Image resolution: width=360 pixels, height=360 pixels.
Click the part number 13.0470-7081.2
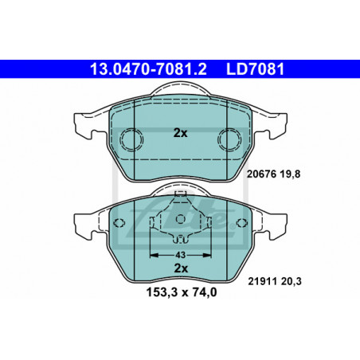click(148, 69)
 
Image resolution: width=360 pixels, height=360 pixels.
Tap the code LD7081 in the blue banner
click(255, 69)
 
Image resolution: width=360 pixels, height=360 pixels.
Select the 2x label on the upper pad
click(180, 133)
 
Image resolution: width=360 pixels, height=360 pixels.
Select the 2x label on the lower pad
click(181, 268)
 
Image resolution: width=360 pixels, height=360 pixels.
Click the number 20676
click(261, 174)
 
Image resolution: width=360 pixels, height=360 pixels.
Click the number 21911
click(262, 281)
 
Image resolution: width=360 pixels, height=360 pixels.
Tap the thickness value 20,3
click(291, 281)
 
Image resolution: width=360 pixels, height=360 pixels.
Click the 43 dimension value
click(180, 255)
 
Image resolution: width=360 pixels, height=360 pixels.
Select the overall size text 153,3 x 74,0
click(182, 292)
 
